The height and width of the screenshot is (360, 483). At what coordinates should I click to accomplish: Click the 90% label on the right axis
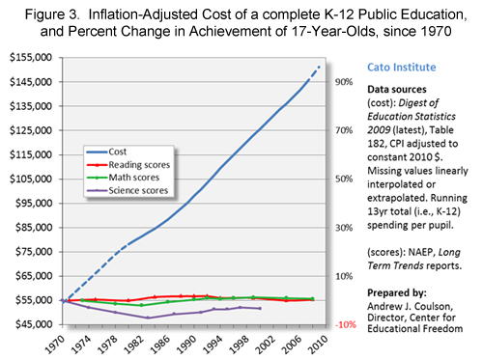343,81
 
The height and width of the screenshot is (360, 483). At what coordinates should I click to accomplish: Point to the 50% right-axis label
343,179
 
